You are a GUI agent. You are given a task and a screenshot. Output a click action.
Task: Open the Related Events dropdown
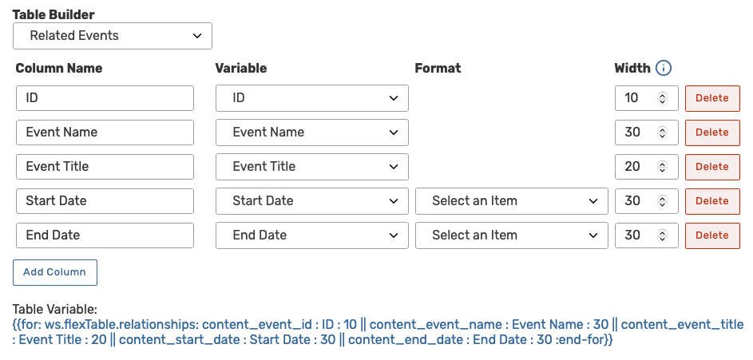click(113, 36)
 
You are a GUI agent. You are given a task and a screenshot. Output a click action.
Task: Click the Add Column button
click(55, 272)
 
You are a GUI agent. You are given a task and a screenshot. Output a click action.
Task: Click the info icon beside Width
click(663, 69)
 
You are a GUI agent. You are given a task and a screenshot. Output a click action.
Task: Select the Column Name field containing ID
click(105, 98)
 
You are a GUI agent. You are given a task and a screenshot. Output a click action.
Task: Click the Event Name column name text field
click(105, 133)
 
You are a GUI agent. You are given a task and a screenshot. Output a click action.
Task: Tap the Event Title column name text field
click(105, 167)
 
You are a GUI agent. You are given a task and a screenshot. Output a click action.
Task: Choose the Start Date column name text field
click(105, 201)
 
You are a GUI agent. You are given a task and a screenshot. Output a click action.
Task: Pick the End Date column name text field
click(105, 235)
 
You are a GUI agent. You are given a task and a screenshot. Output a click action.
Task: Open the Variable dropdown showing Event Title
click(312, 167)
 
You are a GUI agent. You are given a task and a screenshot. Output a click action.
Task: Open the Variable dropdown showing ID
click(312, 98)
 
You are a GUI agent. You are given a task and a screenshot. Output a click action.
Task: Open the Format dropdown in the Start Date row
click(512, 201)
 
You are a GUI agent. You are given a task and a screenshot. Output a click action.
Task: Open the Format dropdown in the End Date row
click(512, 235)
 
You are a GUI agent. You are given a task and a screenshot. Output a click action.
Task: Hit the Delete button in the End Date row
click(712, 235)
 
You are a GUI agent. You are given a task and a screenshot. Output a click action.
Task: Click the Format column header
click(438, 69)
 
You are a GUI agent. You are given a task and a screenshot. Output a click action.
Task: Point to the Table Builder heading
click(54, 15)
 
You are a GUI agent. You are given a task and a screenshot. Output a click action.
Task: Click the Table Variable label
click(54, 310)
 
